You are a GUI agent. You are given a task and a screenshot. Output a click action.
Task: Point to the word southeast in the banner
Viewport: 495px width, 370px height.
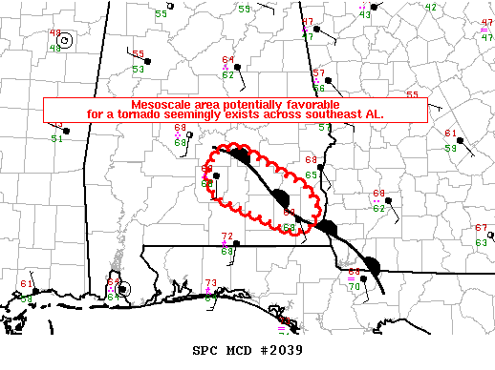[x=335, y=113]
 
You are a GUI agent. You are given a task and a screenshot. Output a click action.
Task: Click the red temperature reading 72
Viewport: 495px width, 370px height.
[x=226, y=236]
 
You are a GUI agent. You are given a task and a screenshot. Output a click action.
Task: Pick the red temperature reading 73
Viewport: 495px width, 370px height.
[x=211, y=283]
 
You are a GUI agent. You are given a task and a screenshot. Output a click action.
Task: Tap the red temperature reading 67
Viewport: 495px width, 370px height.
[x=481, y=229]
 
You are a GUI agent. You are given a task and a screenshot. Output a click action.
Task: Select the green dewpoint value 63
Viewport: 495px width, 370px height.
[x=481, y=243]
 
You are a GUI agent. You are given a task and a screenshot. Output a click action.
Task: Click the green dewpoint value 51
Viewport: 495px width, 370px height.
[x=57, y=139]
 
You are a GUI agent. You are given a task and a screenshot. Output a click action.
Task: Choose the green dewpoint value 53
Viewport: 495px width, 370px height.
[x=139, y=70]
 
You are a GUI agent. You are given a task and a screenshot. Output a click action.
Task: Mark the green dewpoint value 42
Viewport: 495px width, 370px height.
[x=430, y=8]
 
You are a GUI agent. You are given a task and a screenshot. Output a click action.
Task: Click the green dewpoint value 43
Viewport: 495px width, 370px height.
[x=365, y=15]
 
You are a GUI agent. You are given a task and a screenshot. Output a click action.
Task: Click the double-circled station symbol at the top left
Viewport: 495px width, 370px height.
[x=64, y=40]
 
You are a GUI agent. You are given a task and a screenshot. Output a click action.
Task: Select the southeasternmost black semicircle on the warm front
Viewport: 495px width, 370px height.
[x=373, y=265]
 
